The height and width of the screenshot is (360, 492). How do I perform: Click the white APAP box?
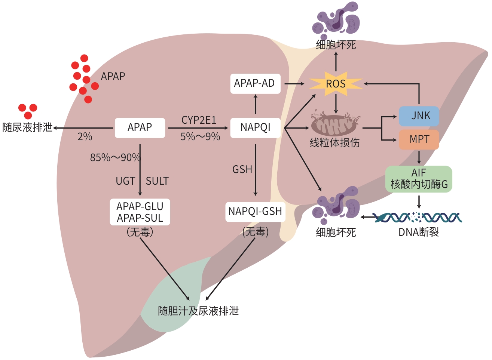coord(140,127)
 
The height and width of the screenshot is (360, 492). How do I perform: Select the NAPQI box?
coord(255,127)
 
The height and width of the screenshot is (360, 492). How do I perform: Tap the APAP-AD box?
coord(255,83)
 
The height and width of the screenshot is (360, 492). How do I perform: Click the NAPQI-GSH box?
coord(255,212)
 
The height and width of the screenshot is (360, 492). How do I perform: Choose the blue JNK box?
coord(419,116)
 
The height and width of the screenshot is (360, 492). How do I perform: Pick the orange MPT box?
coord(419,139)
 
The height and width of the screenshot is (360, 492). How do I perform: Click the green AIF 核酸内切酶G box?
coord(419,179)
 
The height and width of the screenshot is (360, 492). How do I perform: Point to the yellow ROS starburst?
coord(336,84)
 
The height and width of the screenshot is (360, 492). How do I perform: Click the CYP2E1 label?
coord(199,120)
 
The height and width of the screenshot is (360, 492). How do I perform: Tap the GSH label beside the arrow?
coord(242,170)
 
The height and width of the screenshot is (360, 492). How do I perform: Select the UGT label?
coord(125,181)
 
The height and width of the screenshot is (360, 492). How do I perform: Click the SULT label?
coord(157,181)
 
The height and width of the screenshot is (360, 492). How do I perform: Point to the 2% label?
coord(85,137)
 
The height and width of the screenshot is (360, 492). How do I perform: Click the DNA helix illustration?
coord(419,217)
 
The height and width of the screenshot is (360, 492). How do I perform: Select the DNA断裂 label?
coord(419,233)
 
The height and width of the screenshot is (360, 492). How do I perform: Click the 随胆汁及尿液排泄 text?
coord(198,311)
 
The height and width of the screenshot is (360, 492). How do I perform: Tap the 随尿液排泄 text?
coord(27,127)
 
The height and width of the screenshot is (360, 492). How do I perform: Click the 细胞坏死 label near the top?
coord(336,45)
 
